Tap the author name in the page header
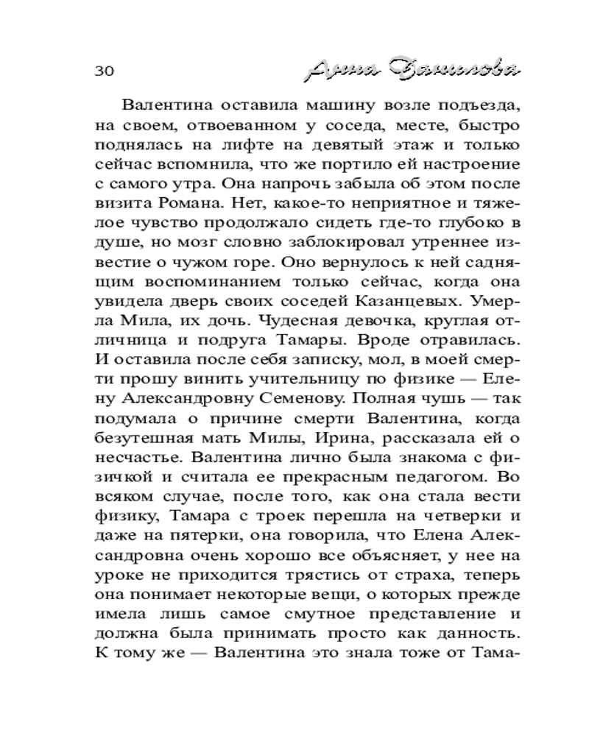tap(411, 70)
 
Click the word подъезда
tap(468, 105)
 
